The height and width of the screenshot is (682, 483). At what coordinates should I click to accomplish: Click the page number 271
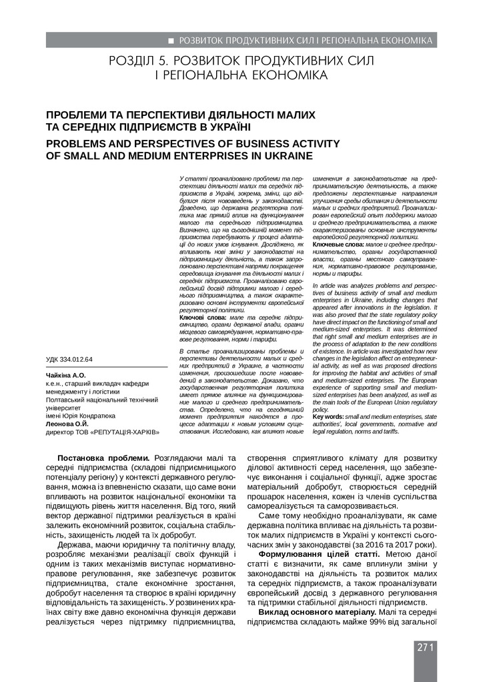coord(426,647)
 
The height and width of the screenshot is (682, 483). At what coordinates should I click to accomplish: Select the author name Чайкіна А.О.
coord(65,376)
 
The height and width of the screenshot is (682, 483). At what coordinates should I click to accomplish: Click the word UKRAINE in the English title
coord(286,157)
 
